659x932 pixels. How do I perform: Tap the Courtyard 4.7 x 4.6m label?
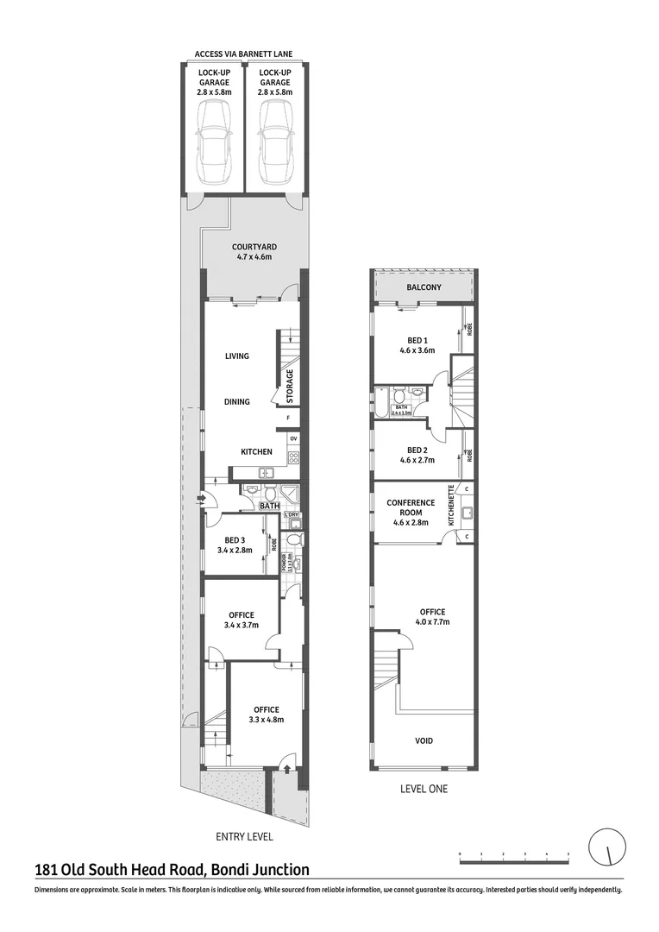[x=254, y=251]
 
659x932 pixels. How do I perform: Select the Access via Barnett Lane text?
[x=243, y=54]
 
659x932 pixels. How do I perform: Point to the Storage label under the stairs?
[x=291, y=386]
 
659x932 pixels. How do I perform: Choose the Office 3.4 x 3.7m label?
[x=242, y=620]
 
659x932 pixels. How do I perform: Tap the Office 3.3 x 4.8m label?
[x=266, y=714]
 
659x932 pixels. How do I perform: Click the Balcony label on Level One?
[x=424, y=287]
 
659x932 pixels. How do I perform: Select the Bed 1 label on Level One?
[x=417, y=345]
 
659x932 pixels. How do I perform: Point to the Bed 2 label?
[x=417, y=455]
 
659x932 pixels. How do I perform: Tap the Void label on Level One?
[x=424, y=740]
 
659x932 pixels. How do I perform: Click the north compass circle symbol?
[x=606, y=847]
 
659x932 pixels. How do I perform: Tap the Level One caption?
[x=424, y=788]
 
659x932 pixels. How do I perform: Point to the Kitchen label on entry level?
[x=256, y=451]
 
